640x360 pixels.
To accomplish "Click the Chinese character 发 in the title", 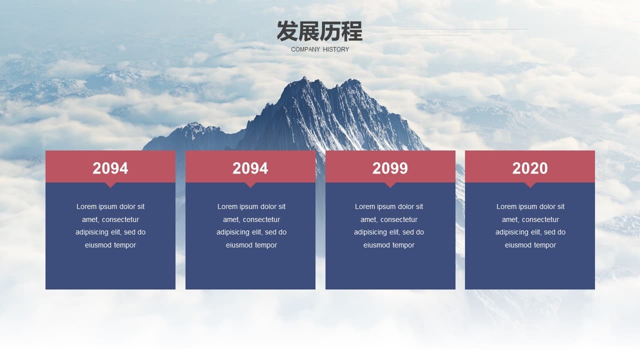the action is click(287, 31).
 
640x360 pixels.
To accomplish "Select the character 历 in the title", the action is click(330, 31).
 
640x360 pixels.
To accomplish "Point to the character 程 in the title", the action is click(352, 31).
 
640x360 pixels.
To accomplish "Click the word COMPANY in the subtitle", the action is click(305, 49).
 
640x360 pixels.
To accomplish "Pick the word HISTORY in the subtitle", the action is click(336, 49).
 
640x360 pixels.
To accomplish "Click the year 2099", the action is click(390, 168).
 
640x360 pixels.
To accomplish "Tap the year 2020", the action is click(529, 168).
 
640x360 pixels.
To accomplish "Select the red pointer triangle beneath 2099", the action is click(390, 185).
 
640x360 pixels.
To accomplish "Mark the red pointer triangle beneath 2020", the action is click(530, 185).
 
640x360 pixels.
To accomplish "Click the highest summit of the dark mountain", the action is click(304, 77).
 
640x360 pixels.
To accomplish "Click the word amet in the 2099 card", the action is click(368, 219).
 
